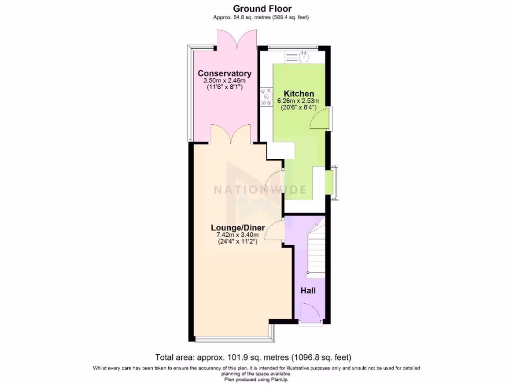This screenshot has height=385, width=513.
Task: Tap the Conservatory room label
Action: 224,74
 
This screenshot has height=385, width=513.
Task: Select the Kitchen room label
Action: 299,94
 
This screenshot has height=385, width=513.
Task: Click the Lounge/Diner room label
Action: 237,228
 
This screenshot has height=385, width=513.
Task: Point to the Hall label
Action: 308,290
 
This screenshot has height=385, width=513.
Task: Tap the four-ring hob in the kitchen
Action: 266,97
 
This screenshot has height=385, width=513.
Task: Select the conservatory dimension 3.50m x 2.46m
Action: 224,81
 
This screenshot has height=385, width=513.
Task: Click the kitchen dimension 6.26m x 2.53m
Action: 299,101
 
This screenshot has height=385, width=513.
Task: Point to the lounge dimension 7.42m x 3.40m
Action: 237,235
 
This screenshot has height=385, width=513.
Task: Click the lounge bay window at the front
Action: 231,339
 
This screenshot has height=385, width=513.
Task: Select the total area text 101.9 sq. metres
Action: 253,357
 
